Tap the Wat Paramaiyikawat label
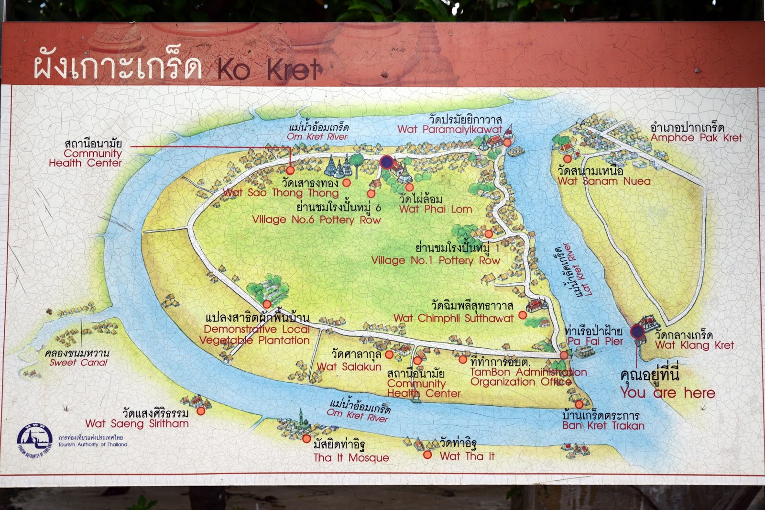pos(449,129)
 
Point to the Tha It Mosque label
pos(351,458)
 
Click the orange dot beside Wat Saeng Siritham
pos(201,410)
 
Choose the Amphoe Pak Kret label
pos(696,138)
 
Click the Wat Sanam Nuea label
pos(604,181)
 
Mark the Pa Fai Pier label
pos(595,341)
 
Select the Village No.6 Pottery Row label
pos(317,220)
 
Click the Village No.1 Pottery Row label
pos(435,261)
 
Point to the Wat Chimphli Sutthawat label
pos(453,318)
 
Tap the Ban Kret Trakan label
pos(603,426)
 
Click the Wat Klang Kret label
pos(694,345)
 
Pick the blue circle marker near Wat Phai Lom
pos(386,162)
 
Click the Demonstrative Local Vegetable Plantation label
pos(254,335)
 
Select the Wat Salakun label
pos(349,367)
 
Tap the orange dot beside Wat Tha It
pos(427,455)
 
